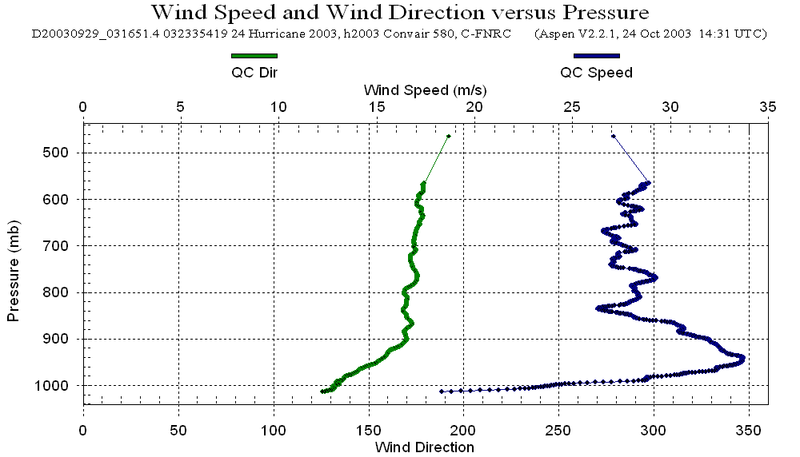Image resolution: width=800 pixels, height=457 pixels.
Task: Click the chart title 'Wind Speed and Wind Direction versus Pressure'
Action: coord(399,13)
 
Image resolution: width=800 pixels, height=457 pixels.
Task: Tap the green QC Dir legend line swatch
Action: coord(254,56)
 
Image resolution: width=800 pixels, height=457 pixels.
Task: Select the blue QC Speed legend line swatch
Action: coord(597,56)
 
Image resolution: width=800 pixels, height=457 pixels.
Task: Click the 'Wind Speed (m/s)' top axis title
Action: coord(425,89)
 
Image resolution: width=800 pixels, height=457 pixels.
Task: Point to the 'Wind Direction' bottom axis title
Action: coord(424,447)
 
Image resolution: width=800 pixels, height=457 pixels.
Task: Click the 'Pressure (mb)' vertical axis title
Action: coord(13,268)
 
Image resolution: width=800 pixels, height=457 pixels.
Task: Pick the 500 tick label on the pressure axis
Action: coord(62,153)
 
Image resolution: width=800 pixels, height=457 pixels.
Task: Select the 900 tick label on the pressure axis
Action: coord(62,339)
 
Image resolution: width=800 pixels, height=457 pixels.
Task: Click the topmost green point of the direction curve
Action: coord(449,137)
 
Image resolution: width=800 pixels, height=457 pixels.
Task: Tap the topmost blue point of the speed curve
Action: coord(613,137)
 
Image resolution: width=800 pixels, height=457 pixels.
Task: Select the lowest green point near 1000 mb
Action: coord(322,391)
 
